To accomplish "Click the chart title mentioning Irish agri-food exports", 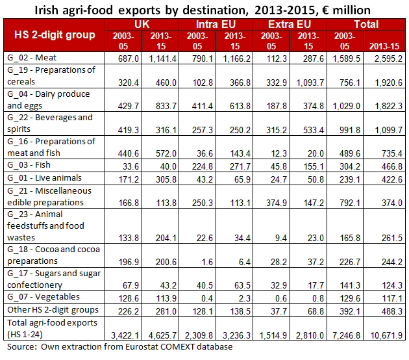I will (204, 9).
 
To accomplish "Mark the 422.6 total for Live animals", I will (388, 177).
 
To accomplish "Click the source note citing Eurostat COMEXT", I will (117, 347).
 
